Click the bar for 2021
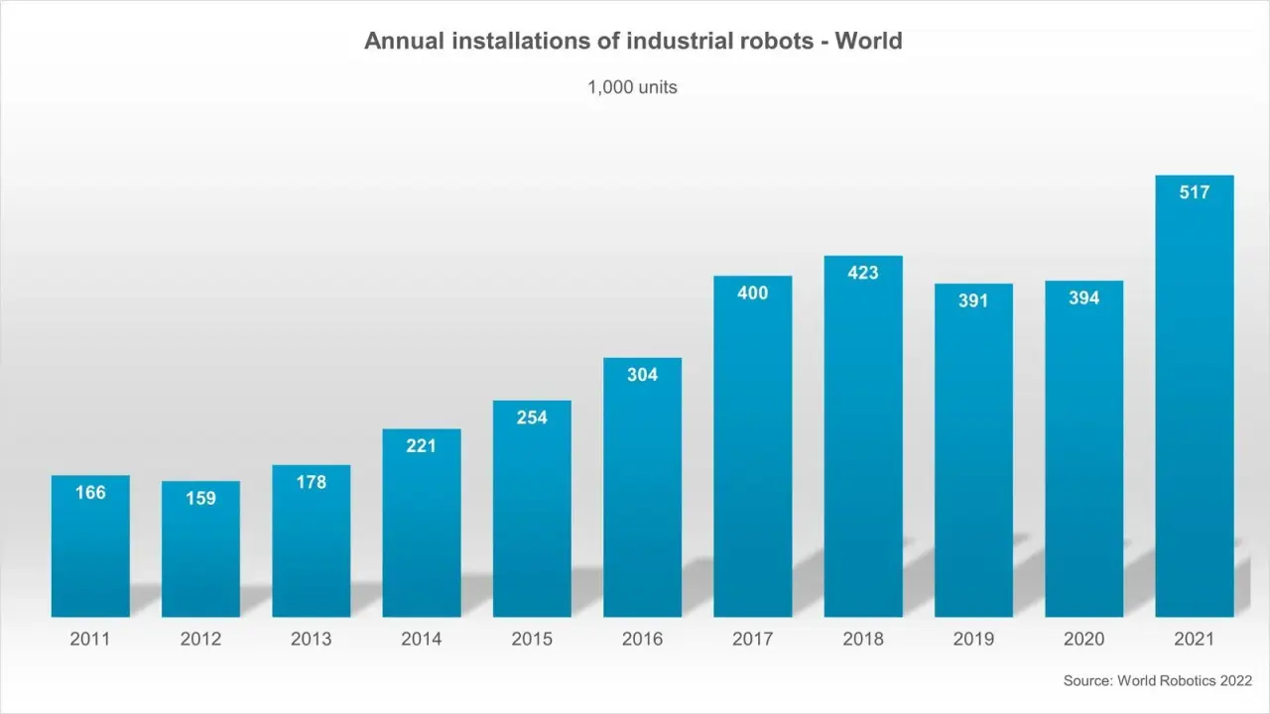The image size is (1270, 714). [x=1195, y=397]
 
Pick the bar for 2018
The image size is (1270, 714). [x=863, y=436]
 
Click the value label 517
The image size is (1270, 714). [x=1195, y=192]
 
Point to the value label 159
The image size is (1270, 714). [x=200, y=498]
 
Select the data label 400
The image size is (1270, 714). [x=752, y=294]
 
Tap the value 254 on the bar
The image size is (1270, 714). [x=532, y=417]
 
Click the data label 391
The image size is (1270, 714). [x=973, y=300]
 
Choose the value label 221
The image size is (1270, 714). [x=421, y=446]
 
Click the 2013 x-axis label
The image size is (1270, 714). [x=311, y=640]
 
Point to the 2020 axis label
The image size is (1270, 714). [x=1083, y=640]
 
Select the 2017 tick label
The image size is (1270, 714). [x=752, y=640]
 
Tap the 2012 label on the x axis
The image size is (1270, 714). [x=200, y=640]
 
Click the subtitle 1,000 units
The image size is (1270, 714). [x=632, y=87]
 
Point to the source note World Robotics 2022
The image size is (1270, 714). [x=1185, y=680]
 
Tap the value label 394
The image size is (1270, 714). [x=1083, y=297]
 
